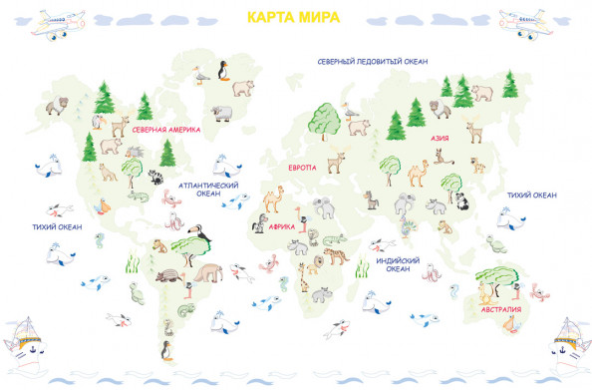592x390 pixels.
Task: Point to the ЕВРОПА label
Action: [x=302, y=168]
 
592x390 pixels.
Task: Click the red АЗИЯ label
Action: [x=440, y=140]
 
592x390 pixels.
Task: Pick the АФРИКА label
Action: [x=281, y=226]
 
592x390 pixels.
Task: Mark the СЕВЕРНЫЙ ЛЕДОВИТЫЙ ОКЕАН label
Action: [x=373, y=62]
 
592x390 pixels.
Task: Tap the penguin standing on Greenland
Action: [x=223, y=73]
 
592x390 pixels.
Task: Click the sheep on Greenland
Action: [x=221, y=111]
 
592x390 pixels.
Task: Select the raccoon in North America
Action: [x=156, y=178]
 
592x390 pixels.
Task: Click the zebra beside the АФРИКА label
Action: [x=259, y=225]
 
